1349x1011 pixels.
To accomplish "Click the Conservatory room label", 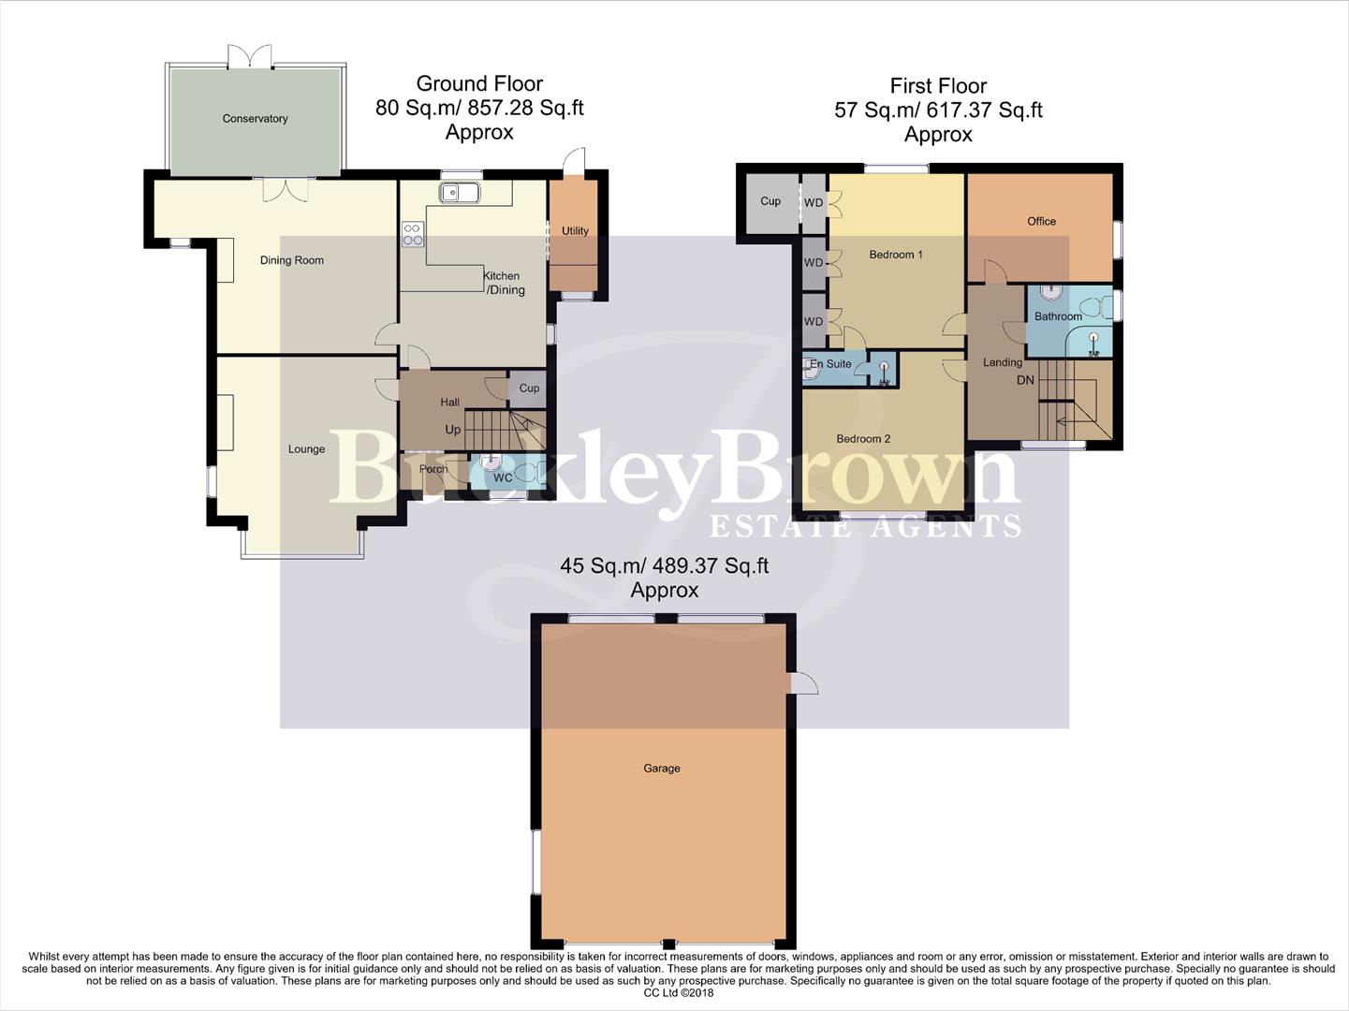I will pos(255,119).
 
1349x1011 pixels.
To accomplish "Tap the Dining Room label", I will pos(292,260).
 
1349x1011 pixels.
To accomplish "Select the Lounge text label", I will pos(306,449).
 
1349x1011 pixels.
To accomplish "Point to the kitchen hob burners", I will pos(412,234).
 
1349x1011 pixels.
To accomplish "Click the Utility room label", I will pos(575,231).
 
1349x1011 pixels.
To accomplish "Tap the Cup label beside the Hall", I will pos(529,388).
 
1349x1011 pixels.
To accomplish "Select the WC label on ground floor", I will pos(503,477).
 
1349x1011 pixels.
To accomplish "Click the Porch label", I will pos(433,469).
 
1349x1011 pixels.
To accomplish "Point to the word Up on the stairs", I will pos(453,430).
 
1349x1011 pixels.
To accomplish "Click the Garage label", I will pos(662,769).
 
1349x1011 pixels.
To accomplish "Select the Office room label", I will pos(1041,222).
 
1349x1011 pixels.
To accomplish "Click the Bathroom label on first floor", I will pos(1058,316).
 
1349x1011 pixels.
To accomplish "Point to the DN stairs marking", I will pos(1026,380).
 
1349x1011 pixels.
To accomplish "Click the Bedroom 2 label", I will pos(863,439).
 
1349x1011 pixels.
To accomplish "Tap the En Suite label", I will pos(831,364).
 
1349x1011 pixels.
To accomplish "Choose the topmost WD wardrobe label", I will pos(814,203).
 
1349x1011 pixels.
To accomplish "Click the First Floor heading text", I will pos(938,86).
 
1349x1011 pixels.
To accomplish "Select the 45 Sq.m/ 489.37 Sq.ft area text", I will pos(664,566).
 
